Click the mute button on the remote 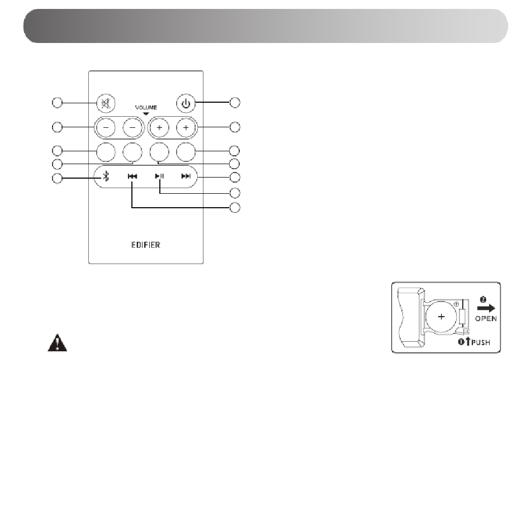point(106,103)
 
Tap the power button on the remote point(186,103)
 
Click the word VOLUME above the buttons point(146,107)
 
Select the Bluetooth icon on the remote point(106,176)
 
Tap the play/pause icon point(159,176)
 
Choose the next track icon point(186,176)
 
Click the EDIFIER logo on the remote point(146,245)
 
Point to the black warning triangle point(58,343)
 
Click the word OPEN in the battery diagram point(486,319)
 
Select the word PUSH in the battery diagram point(481,342)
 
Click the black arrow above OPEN point(486,308)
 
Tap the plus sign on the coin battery point(441,317)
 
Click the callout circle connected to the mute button point(58,103)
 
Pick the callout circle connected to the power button point(235,102)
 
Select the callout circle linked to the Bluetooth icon point(58,178)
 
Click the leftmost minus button point(106,128)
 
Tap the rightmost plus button point(186,128)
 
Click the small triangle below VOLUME point(146,114)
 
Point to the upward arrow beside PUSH point(468,341)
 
